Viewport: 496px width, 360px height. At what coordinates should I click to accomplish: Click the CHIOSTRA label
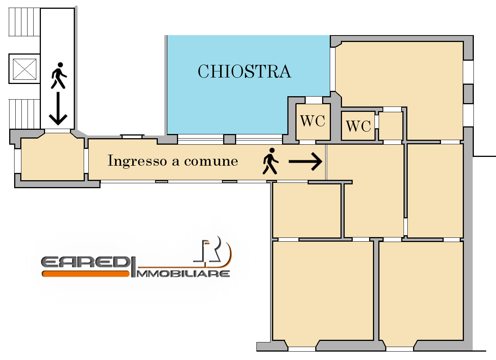point(245,71)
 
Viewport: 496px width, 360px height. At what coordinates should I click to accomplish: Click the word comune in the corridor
point(211,161)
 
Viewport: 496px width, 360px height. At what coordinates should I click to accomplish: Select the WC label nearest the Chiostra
point(313,121)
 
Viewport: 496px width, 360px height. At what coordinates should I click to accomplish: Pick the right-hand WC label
point(358,126)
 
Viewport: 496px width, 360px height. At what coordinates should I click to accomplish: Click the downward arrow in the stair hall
point(58,108)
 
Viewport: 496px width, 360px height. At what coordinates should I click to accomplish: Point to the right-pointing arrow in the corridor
point(305,161)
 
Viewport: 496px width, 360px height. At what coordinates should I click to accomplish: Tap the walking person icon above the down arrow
point(59,76)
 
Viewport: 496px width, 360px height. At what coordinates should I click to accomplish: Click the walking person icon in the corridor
point(271,161)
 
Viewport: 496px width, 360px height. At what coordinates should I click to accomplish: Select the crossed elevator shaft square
point(24,69)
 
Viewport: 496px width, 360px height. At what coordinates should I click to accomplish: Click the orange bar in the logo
point(86,274)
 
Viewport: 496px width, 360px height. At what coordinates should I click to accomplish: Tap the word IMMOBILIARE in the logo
point(183,274)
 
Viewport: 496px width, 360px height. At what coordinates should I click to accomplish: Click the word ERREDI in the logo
point(85,262)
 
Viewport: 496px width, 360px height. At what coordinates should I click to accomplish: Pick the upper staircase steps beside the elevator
point(24,22)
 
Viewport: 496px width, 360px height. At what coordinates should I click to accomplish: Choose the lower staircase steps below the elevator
point(24,114)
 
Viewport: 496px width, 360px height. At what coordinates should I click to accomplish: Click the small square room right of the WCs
point(391,126)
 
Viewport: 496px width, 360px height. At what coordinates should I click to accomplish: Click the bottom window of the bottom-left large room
point(302,349)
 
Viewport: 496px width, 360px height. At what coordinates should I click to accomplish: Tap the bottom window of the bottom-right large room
point(400,349)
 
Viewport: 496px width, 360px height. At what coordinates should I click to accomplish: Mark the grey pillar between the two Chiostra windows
point(229,139)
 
